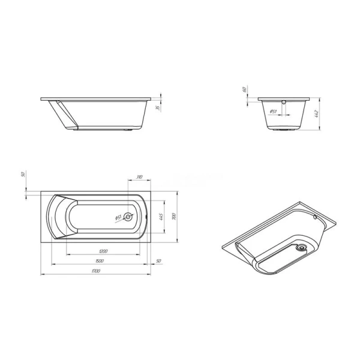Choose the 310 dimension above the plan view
pos(139,177)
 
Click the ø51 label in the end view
pos(272,111)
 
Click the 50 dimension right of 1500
pos(158,262)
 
